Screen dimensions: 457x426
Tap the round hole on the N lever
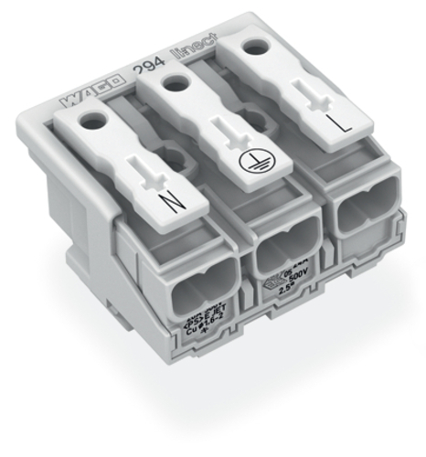pyautogui.click(x=91, y=118)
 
